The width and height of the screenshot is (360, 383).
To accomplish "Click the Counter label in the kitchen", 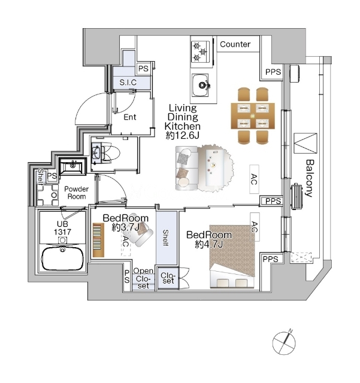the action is (x=235, y=44).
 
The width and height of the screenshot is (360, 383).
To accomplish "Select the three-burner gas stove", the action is (x=201, y=52).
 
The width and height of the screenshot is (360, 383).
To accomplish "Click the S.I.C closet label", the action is (x=128, y=83).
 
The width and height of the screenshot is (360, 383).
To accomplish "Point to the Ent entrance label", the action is (x=130, y=117).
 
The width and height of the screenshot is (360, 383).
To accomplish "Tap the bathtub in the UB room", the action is (x=63, y=259).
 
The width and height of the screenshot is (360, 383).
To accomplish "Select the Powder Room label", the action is (x=76, y=193).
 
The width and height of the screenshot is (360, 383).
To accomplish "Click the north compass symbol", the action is (x=284, y=342).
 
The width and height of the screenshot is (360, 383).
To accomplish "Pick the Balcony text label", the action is (x=310, y=178).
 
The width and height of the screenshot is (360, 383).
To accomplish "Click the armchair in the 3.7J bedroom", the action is (x=141, y=233).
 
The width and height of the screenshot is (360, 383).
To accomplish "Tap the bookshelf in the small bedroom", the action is (x=99, y=240).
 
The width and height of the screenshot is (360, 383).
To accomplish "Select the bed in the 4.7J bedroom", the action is (x=232, y=256).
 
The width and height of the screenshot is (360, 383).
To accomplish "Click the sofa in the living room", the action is (x=187, y=168).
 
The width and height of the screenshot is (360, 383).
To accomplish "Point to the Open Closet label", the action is (x=143, y=278).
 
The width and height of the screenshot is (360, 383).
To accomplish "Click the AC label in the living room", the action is (x=254, y=180).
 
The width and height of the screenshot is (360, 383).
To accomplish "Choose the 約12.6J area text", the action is (x=183, y=135).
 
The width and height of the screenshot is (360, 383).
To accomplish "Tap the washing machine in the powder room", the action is (x=48, y=195).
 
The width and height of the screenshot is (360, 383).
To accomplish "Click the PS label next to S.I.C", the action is (x=143, y=69).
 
